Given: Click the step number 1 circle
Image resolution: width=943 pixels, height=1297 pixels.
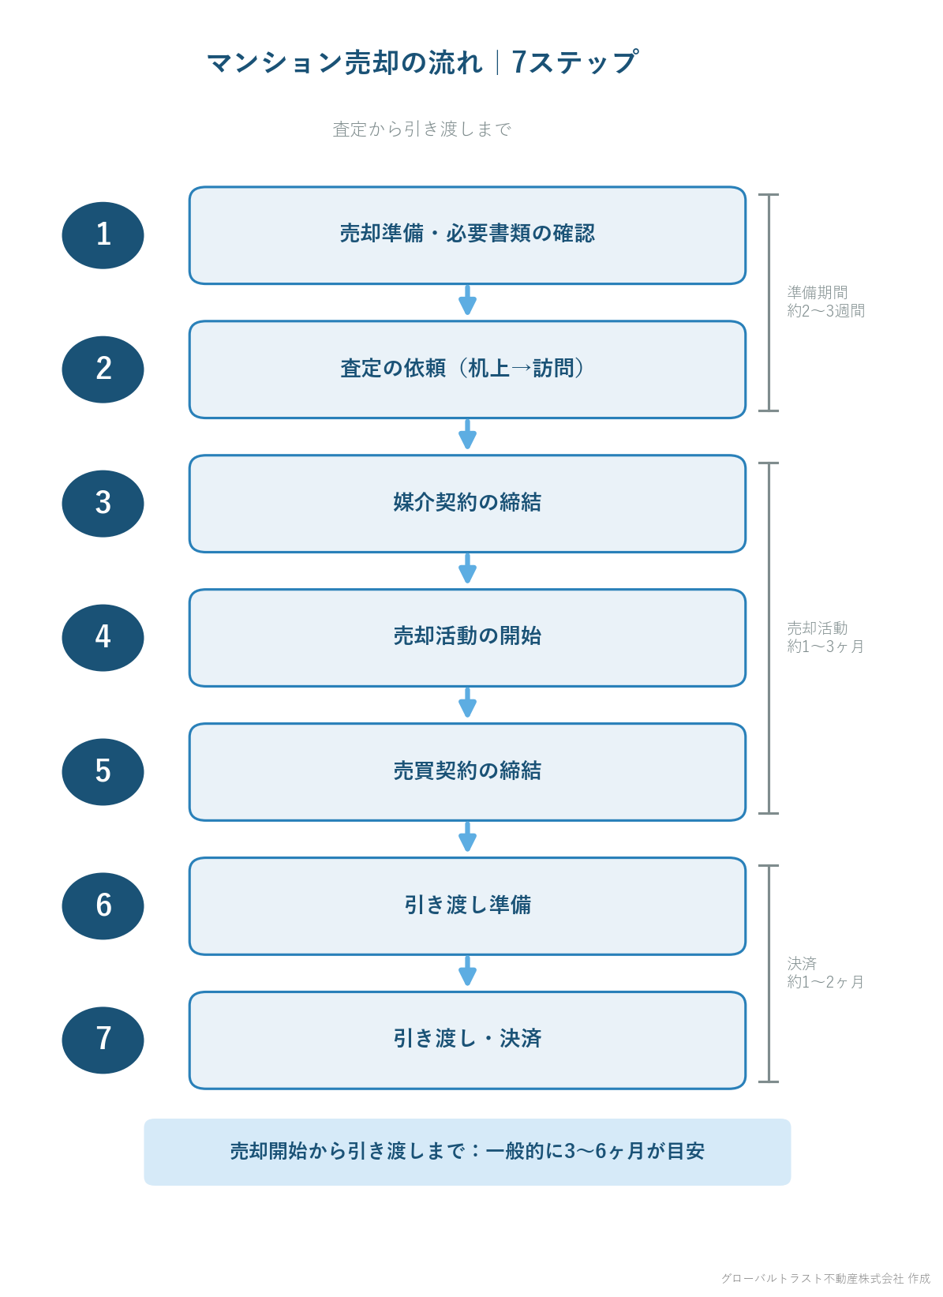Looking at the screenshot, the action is click(103, 235).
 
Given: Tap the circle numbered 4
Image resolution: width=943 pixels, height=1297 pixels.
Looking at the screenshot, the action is click(103, 638).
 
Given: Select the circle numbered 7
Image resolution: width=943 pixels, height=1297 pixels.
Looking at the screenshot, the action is click(103, 1040).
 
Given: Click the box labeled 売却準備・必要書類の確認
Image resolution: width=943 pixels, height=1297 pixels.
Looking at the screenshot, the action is click(467, 235).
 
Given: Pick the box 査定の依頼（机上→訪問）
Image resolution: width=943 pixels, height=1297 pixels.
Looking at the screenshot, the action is click(467, 369).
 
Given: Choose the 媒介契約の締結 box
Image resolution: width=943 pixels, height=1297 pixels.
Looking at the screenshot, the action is click(467, 504).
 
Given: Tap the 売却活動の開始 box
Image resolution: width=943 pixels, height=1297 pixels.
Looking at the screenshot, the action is click(467, 638).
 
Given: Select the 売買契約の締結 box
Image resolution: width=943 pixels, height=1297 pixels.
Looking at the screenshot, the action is click(467, 772).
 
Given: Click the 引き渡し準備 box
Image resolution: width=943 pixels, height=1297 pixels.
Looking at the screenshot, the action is click(467, 906).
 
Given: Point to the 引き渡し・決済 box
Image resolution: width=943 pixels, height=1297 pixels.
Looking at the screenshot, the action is click(467, 1040).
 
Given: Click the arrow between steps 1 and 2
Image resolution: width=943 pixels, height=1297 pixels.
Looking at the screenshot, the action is click(467, 300).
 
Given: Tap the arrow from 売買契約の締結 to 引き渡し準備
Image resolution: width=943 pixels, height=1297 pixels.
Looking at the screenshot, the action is click(467, 837).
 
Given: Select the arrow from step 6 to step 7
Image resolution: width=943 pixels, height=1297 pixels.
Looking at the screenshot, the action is click(467, 971).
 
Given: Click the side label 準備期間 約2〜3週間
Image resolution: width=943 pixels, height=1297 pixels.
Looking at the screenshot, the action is click(825, 302).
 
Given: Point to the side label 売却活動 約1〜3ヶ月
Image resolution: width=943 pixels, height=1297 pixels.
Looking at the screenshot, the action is click(825, 637).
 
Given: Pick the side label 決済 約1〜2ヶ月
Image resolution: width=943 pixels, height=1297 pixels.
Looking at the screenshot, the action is click(825, 973).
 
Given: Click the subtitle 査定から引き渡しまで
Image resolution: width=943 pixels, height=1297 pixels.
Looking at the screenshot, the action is click(422, 129).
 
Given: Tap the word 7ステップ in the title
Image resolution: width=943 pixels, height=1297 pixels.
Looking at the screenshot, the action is click(574, 62).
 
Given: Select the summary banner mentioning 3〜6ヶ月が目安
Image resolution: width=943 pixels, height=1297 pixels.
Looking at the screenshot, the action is click(467, 1152).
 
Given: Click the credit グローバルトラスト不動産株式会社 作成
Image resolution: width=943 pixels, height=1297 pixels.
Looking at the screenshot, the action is click(825, 1278).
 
